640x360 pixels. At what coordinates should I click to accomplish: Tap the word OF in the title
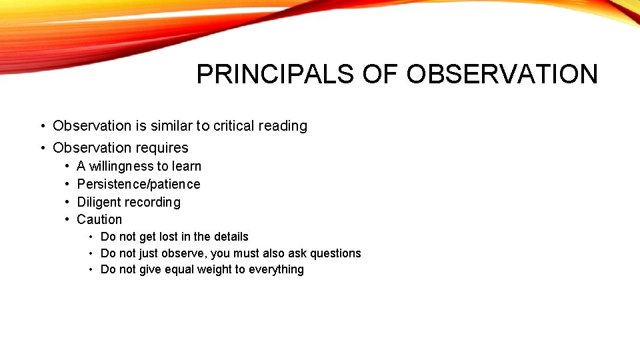(x=382, y=75)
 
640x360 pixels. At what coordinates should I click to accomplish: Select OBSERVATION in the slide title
(x=502, y=75)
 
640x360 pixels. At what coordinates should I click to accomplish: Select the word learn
(x=186, y=166)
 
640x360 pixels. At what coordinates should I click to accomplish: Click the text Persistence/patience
(x=139, y=184)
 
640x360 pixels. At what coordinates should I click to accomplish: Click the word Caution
(x=99, y=219)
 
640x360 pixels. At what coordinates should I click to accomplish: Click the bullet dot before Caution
(x=68, y=219)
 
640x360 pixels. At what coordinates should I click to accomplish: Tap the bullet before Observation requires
(x=42, y=148)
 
